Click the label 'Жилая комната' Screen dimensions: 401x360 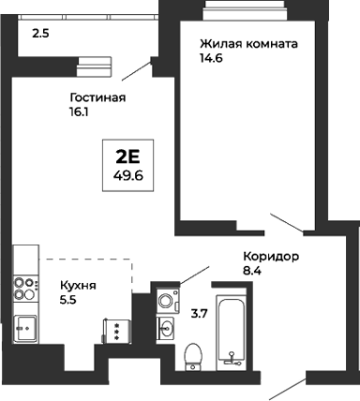point(248,44)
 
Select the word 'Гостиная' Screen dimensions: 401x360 point(97,97)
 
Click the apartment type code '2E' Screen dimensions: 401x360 point(127,154)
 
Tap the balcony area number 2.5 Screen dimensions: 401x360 point(40,34)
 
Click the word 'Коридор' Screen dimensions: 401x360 point(270,257)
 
